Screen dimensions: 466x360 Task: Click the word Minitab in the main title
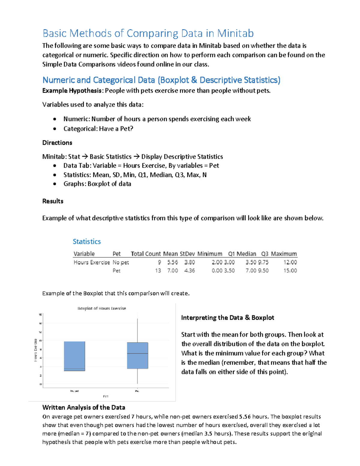[x=235, y=33]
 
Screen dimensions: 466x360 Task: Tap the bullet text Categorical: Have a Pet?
[x=98, y=129]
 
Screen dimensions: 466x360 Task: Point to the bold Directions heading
[x=57, y=143]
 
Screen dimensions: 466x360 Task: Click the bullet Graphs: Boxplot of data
[x=97, y=184]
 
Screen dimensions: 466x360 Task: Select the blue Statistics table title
[x=87, y=242]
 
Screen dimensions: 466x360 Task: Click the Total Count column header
[x=146, y=254]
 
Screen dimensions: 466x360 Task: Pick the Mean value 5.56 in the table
[x=172, y=262]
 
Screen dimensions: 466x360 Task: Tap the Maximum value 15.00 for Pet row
[x=290, y=271]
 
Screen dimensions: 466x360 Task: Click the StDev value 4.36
[x=189, y=271]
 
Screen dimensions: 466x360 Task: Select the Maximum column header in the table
[x=284, y=254]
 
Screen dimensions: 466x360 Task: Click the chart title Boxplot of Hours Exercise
[x=102, y=308]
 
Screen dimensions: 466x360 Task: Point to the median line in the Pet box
[x=137, y=353]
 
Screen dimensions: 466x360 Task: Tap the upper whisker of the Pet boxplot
[x=137, y=330]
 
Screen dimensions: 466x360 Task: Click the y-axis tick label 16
[x=40, y=314]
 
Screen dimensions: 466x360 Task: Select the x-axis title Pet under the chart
[x=106, y=396]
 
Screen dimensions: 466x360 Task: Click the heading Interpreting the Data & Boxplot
[x=227, y=318]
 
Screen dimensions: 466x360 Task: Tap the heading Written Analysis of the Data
[x=84, y=407]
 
